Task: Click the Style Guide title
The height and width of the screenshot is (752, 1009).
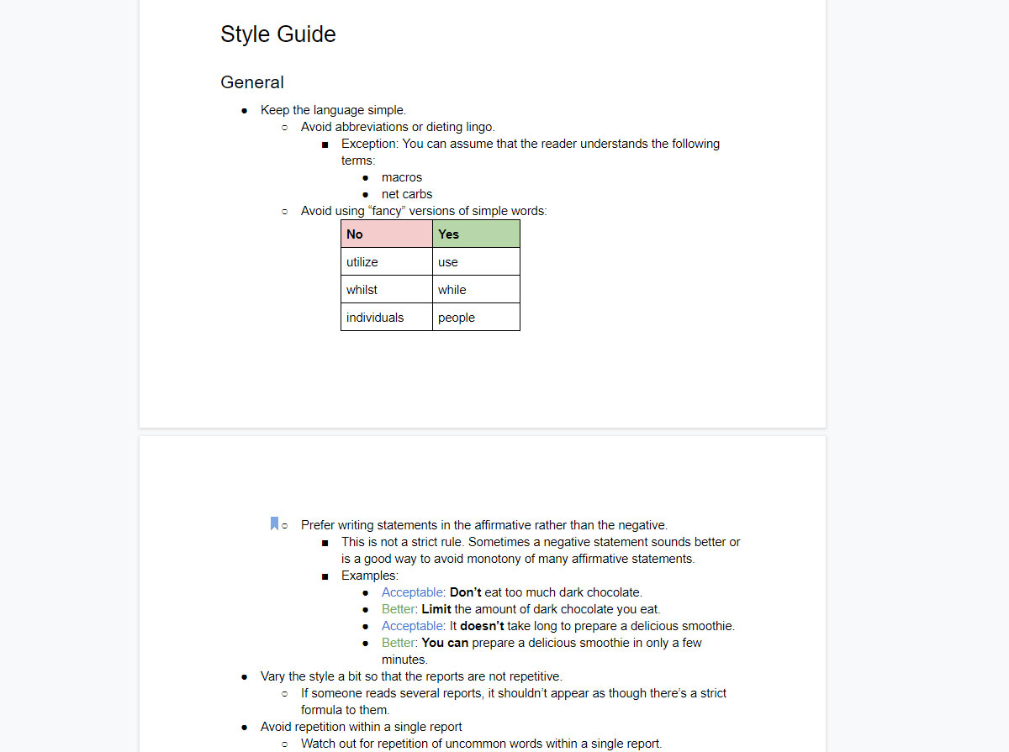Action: tap(277, 34)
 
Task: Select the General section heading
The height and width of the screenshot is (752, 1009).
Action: tap(252, 82)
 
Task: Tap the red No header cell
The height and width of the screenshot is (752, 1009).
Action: tap(386, 234)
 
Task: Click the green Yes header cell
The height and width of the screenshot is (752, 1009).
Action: tap(476, 234)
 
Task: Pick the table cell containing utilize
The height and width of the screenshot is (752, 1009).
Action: tap(386, 262)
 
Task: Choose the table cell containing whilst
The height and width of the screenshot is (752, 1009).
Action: tap(386, 290)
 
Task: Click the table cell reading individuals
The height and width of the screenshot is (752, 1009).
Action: tap(386, 318)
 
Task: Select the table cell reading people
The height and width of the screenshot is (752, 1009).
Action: tap(476, 318)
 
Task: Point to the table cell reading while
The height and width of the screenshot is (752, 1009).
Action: tap(476, 290)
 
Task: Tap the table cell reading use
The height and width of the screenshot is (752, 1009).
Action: tap(476, 262)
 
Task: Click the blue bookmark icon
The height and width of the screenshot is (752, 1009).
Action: tap(274, 524)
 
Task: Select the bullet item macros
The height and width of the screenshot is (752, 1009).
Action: tap(402, 177)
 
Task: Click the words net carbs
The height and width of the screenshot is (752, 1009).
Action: tap(407, 194)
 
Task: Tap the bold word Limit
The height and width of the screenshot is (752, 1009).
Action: tap(436, 609)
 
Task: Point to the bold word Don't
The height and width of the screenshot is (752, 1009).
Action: tap(466, 592)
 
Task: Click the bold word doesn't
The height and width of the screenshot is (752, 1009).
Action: tap(482, 626)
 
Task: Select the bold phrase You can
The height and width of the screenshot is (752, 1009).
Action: tap(445, 643)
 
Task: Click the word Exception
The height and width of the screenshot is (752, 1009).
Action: tap(369, 144)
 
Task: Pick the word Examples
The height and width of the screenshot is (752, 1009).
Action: tap(369, 576)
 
